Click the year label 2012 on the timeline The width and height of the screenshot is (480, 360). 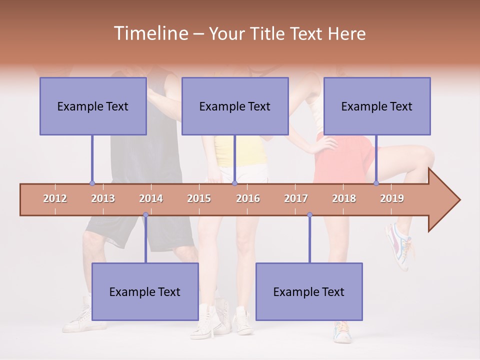(x=55, y=198)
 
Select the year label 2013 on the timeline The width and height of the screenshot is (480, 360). (x=103, y=198)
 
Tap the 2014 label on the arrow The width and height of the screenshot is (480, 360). (x=151, y=198)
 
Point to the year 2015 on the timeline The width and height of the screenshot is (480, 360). (x=199, y=198)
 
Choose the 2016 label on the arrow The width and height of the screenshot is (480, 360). (x=248, y=198)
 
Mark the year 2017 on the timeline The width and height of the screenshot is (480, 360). (x=296, y=198)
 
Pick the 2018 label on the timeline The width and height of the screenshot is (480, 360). (x=344, y=198)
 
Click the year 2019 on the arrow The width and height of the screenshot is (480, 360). (x=392, y=198)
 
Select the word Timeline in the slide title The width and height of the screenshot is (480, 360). (x=150, y=33)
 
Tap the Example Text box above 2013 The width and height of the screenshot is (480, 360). (x=93, y=106)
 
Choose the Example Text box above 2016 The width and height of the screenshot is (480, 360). (x=235, y=106)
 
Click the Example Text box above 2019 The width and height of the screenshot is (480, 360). (x=377, y=106)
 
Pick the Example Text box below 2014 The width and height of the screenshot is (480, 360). (x=145, y=291)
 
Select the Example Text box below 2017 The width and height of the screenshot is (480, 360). (x=309, y=291)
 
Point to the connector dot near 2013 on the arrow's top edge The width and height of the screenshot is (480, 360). (x=92, y=183)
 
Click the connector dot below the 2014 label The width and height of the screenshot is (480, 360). (x=145, y=215)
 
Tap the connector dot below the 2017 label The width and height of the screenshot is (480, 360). (x=309, y=215)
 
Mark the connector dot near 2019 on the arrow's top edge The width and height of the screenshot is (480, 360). (x=376, y=183)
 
